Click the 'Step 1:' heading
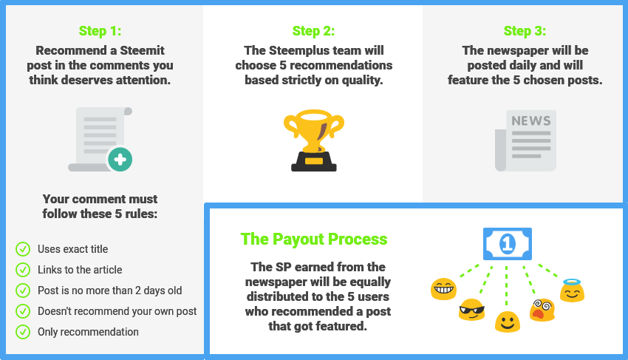pos(100,31)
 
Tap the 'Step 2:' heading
pos(313,31)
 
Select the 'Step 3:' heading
pos(525,31)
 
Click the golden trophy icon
pos(314,140)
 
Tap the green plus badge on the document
pos(120,159)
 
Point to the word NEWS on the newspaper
pos(531,120)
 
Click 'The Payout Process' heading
pos(314,239)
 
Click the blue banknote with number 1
pos(508,244)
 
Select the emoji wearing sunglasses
pos(472,310)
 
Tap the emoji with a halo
pos(572,291)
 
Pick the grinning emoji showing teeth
pos(443,288)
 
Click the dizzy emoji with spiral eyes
pos(542,310)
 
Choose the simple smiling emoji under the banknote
pos(508,322)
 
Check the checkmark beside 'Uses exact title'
pos(23,249)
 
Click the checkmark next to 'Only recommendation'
pos(23,332)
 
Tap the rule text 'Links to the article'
pos(80,270)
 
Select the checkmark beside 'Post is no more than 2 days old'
pos(23,291)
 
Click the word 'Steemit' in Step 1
pos(142,50)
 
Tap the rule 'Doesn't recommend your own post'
pos(117,311)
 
